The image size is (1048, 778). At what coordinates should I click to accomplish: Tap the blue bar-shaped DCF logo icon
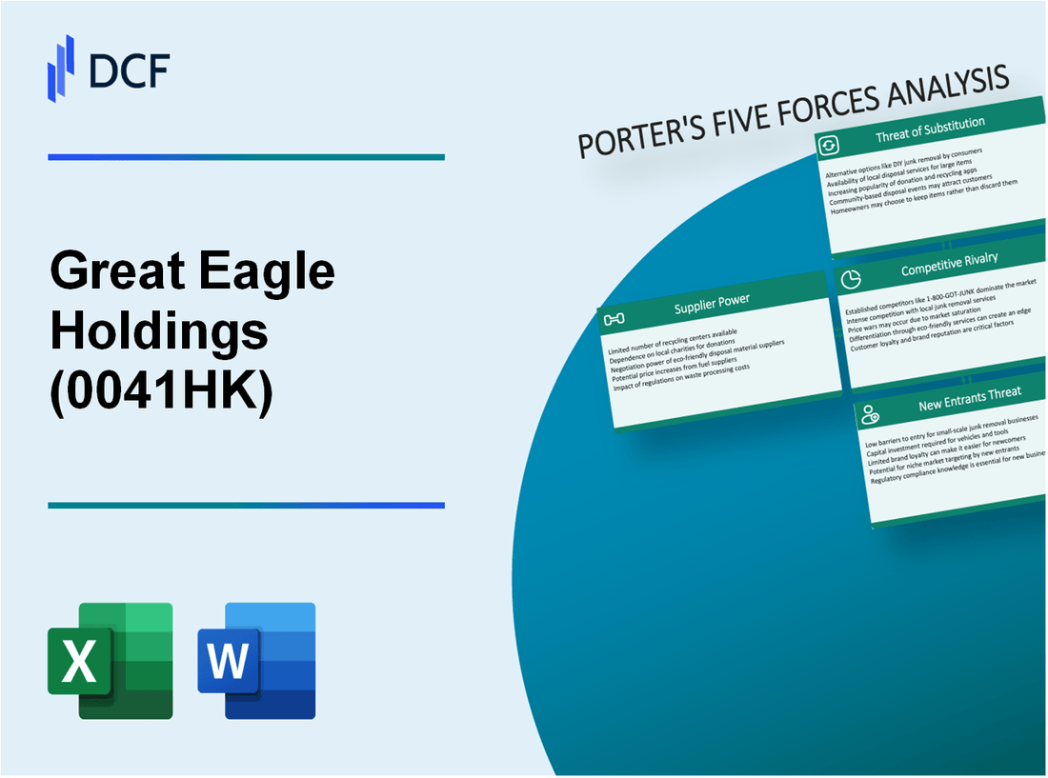(61, 68)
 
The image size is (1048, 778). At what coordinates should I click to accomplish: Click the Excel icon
(111, 660)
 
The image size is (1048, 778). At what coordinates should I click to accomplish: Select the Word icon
(256, 660)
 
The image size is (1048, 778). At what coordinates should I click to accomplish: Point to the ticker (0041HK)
(161, 394)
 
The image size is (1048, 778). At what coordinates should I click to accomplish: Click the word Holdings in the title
(159, 333)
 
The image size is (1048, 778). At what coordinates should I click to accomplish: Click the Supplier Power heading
(712, 301)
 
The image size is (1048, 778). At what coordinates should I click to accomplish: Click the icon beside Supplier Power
(615, 318)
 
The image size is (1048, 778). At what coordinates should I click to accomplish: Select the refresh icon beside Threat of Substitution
(829, 145)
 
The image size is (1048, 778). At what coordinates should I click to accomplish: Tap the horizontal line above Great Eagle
(246, 157)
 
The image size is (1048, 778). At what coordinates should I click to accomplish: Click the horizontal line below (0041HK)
(246, 506)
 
